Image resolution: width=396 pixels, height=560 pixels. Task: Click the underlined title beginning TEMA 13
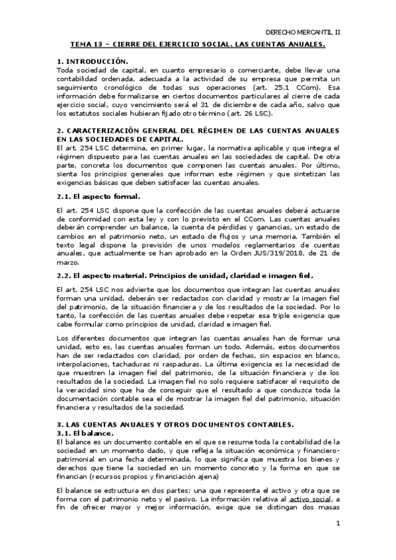tap(198, 45)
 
